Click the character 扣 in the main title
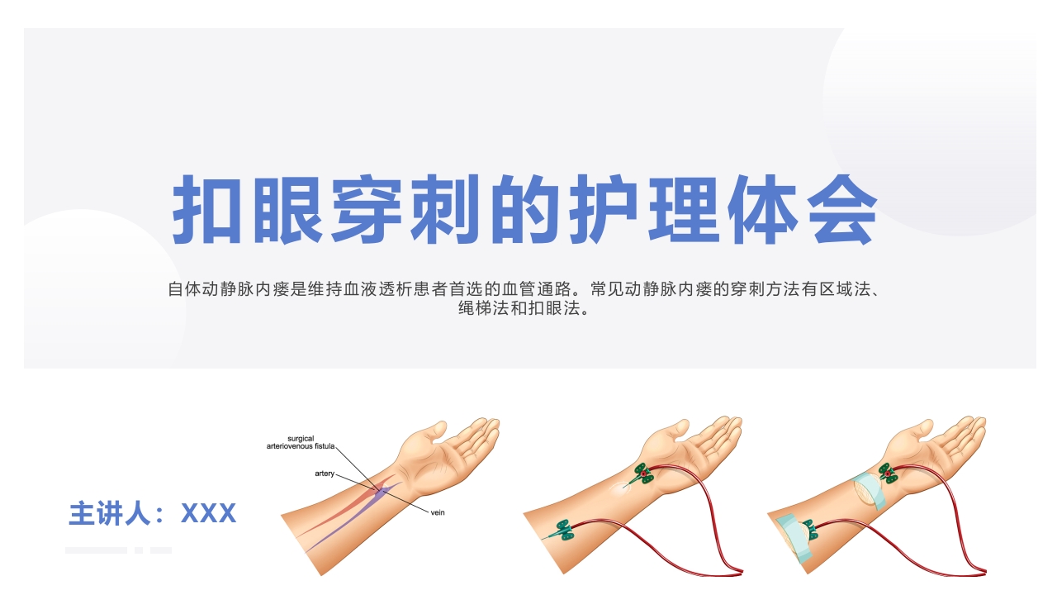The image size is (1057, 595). (207, 209)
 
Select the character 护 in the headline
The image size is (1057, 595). (603, 209)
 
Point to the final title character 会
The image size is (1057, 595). (841, 209)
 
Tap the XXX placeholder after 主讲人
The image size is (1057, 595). (208, 513)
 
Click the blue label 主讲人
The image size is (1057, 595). (110, 513)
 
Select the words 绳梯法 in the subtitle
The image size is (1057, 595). (484, 308)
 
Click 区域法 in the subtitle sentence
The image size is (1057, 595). (845, 289)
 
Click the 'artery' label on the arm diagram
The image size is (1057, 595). (325, 474)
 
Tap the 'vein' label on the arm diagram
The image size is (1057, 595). (438, 513)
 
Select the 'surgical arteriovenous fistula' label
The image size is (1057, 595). (301, 442)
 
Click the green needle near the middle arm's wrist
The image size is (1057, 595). (642, 475)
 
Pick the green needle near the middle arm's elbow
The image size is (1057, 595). (561, 531)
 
